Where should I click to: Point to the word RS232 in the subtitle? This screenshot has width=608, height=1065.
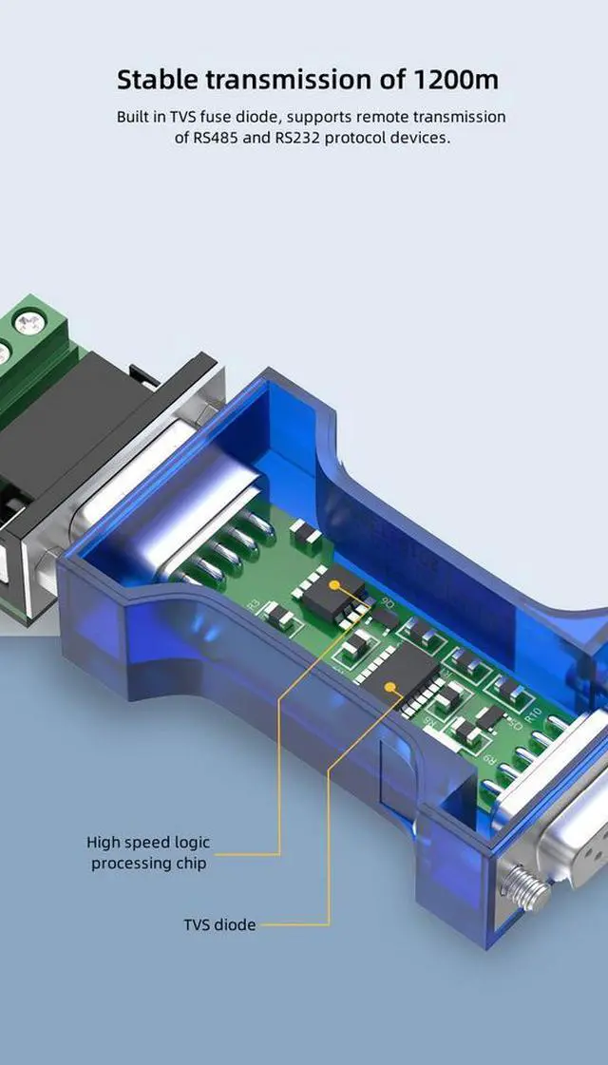coord(298,137)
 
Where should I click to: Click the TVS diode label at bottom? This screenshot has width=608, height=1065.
coord(219,924)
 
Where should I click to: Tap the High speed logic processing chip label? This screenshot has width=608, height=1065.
coord(149,852)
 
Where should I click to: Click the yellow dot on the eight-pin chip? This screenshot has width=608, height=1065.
coord(333,584)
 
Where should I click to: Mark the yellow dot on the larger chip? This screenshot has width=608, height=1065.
coord(389,688)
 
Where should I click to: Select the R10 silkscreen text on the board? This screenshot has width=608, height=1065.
coord(533,714)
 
